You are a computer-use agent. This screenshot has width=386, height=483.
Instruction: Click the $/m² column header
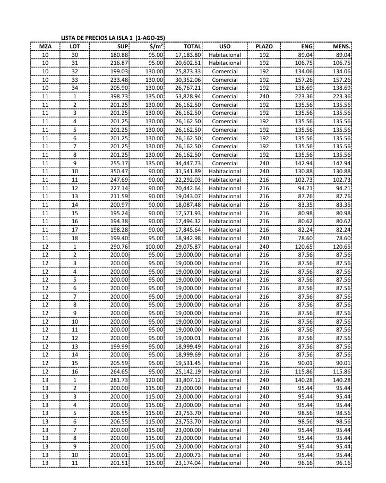(156, 46)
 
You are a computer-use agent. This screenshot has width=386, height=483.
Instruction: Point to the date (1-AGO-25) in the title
(150, 37)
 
